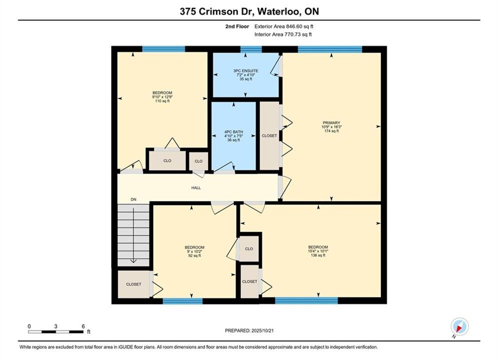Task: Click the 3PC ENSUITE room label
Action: coord(246,70)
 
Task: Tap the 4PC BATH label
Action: coord(233,132)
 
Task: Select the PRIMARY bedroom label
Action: coord(331,122)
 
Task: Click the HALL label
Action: coord(196,188)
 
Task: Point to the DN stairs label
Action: coord(134,199)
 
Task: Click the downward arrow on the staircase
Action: coord(134,235)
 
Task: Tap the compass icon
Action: coord(459,326)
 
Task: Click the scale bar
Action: coord(56,332)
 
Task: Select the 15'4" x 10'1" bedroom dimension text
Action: coord(318,251)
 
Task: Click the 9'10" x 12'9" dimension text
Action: coord(162,97)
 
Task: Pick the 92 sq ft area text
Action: coord(195,255)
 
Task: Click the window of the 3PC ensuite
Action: coord(251,49)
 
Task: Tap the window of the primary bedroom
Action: coord(330,49)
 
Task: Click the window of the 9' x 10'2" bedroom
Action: coord(183,301)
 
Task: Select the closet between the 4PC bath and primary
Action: coord(269,136)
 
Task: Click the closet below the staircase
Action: coord(134,284)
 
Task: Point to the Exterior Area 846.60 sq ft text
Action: coord(284,26)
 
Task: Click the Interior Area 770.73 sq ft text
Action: coord(283,34)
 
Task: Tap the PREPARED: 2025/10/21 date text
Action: coord(249,330)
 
